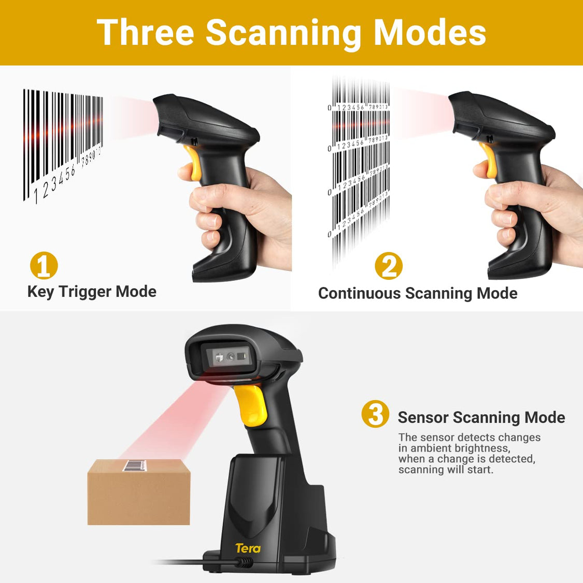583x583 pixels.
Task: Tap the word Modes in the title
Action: [x=430, y=33]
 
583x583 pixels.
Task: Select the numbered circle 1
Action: [x=44, y=265]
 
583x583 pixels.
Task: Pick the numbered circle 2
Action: [x=388, y=266]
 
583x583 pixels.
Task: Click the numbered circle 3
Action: [x=375, y=414]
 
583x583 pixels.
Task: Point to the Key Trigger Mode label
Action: [x=92, y=291]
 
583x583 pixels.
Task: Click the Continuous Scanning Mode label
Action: [x=418, y=293]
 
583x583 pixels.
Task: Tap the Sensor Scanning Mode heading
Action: [x=481, y=418]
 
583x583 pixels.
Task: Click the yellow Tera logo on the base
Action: [x=248, y=548]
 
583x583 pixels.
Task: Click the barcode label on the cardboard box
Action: [x=139, y=465]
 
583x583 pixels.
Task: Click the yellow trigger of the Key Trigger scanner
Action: [x=193, y=162]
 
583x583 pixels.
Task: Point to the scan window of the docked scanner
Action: [x=230, y=356]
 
